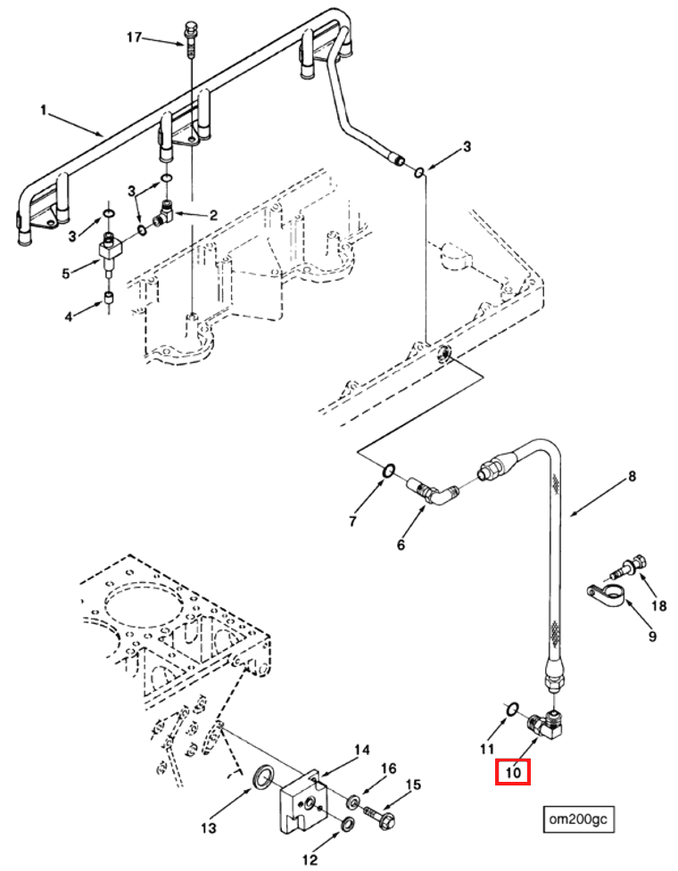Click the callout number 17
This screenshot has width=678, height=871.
tap(134, 37)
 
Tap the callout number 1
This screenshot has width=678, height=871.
tap(42, 111)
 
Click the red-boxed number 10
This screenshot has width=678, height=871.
tap(513, 771)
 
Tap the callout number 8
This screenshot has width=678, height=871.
tap(632, 477)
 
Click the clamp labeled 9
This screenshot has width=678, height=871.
tap(605, 592)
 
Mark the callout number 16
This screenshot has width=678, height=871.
tap(389, 768)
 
